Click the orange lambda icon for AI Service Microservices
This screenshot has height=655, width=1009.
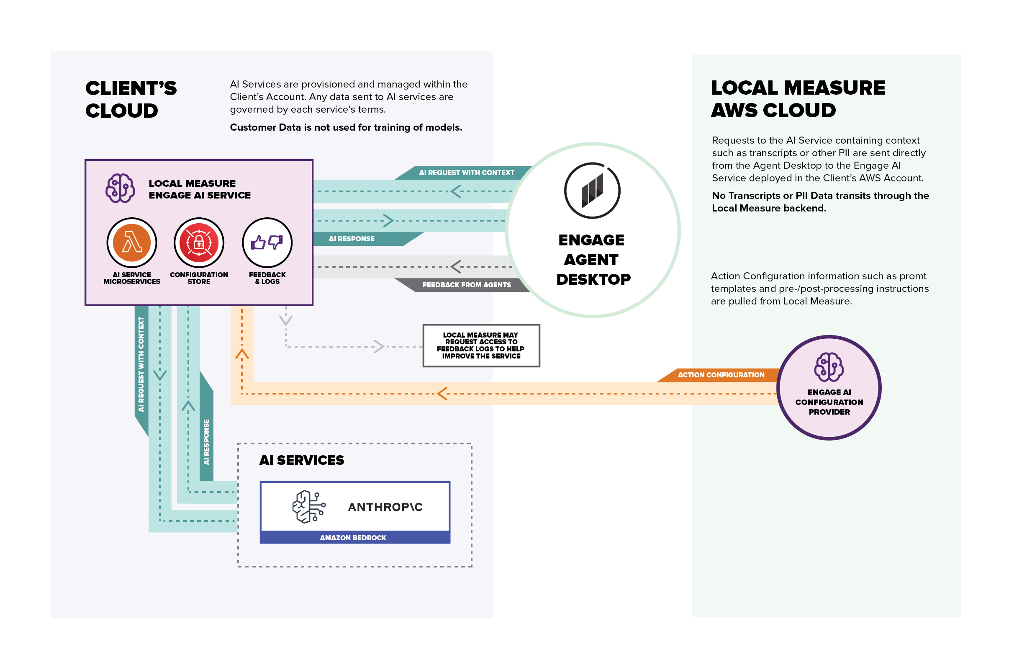point(132,242)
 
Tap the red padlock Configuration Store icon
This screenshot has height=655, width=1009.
point(199,242)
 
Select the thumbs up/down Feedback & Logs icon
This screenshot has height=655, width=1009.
point(267,242)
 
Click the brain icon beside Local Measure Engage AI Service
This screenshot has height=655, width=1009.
point(121,188)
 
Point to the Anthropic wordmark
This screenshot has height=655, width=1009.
point(385,507)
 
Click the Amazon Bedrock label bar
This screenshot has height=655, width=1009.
point(355,537)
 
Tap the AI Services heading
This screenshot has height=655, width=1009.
point(301,460)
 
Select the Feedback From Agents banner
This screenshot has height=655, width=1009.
point(466,285)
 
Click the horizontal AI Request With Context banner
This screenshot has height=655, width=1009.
point(466,173)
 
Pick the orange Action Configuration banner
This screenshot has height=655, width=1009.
point(721,375)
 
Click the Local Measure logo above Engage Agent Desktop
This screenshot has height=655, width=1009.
point(592,191)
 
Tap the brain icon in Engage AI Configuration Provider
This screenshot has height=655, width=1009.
point(829,367)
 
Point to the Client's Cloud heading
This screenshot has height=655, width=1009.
point(131,99)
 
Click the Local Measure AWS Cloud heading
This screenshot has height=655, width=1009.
point(798,99)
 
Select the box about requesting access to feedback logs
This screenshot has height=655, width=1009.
point(481,346)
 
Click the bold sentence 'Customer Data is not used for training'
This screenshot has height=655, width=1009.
point(346,127)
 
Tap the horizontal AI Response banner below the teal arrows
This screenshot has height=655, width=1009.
point(352,239)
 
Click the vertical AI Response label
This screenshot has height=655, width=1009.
point(206,441)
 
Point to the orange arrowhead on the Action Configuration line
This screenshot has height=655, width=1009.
point(443,393)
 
